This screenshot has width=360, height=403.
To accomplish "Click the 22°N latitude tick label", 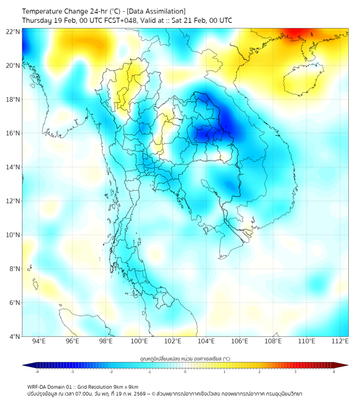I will [x=13, y=32].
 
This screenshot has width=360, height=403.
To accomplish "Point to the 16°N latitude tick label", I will [x=13, y=133].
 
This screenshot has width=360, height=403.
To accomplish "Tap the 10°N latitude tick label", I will [x=13, y=235].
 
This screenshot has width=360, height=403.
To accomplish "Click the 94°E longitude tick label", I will [x=39, y=341].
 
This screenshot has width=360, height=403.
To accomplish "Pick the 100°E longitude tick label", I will [x=139, y=341].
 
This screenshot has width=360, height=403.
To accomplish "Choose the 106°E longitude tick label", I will [x=240, y=341].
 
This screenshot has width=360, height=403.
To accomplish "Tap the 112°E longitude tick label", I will [x=340, y=341].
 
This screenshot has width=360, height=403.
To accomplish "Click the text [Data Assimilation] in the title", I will [x=156, y=11].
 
